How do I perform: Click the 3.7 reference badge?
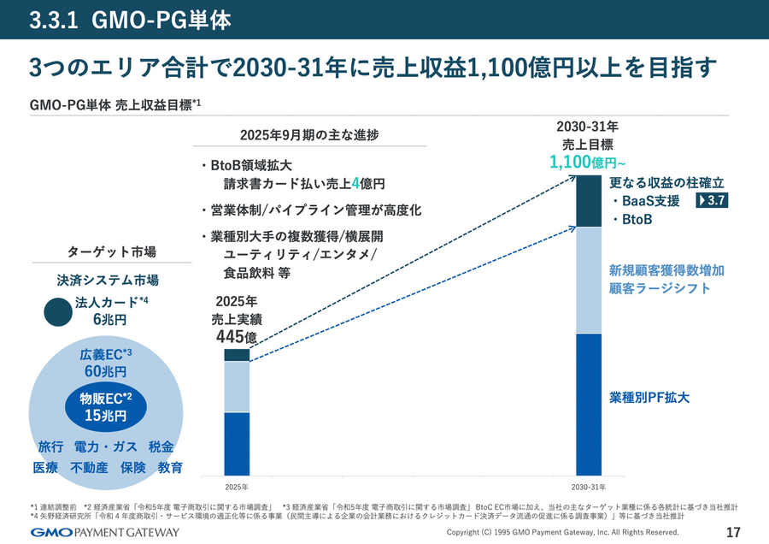coord(715,201)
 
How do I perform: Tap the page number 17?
coord(732,532)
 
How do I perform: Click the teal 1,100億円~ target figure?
coord(589,163)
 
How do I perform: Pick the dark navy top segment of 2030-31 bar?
coord(589,201)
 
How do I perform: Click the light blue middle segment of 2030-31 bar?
coord(589,280)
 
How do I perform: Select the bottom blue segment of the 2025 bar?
coord(237,443)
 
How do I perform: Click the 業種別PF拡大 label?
coord(649,398)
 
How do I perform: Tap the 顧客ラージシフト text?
coord(660,288)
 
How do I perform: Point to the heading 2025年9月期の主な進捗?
coord(308,135)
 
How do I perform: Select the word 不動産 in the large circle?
coord(89,468)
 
